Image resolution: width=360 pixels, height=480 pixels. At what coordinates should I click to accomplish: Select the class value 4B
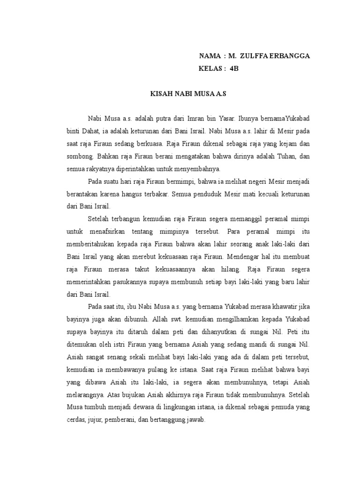click(x=234, y=68)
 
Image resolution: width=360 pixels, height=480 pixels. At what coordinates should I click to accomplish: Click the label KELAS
click(x=210, y=68)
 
